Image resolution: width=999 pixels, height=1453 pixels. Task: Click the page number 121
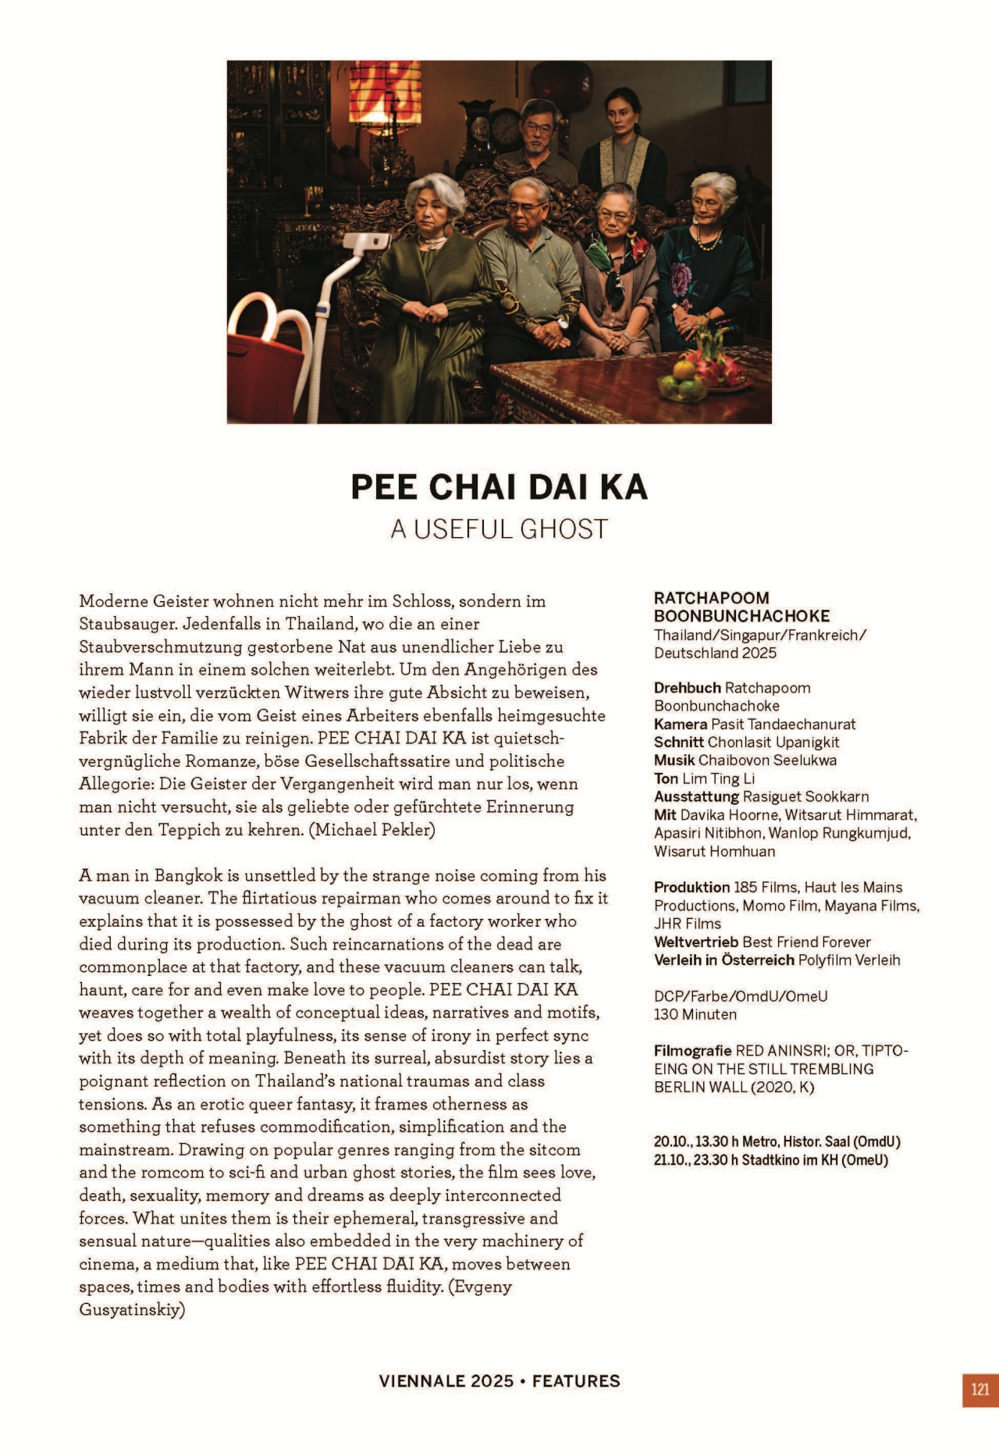click(x=980, y=1390)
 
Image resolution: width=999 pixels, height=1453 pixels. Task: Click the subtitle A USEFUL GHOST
click(x=499, y=529)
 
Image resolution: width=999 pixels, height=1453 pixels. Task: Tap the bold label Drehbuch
click(x=687, y=688)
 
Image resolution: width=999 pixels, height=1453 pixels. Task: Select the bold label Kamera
click(x=680, y=725)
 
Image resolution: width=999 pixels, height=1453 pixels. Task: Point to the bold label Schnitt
click(x=678, y=743)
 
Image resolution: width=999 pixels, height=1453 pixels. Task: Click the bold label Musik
click(x=674, y=760)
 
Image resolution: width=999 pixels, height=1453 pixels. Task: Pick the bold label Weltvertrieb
click(x=696, y=942)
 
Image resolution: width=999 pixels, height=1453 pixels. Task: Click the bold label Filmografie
click(x=692, y=1051)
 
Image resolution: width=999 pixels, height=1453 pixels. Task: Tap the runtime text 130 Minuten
click(x=695, y=1015)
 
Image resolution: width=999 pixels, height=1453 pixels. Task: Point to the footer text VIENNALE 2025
click(x=446, y=1381)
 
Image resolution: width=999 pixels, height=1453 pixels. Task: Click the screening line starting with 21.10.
click(x=770, y=1160)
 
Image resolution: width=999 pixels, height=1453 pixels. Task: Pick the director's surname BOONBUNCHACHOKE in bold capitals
click(x=741, y=616)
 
